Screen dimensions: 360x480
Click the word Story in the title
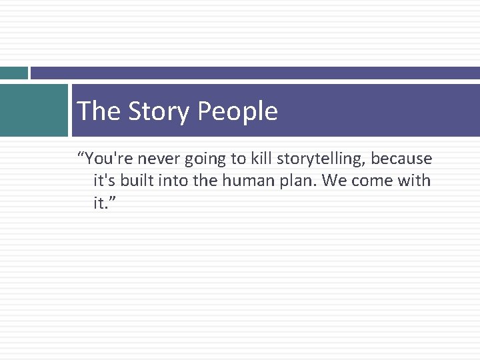(151, 111)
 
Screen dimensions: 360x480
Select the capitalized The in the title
(99, 111)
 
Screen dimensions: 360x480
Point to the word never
(159, 159)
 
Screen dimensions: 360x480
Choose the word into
(172, 181)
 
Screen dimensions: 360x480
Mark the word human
(246, 181)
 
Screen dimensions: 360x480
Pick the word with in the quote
(415, 181)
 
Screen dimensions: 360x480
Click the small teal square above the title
(13, 73)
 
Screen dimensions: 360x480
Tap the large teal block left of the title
(33, 110)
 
